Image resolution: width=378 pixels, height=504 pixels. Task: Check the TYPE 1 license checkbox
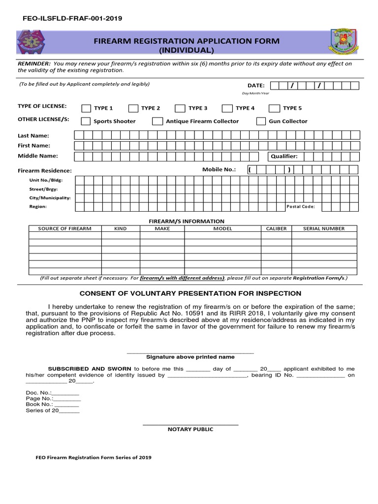[x=86, y=108]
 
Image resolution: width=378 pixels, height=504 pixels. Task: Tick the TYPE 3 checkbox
[x=180, y=108]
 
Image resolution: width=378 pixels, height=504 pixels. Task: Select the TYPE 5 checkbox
[x=275, y=108]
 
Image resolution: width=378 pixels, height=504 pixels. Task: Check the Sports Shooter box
[x=86, y=122]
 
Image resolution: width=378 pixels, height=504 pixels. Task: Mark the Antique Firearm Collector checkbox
[x=157, y=122]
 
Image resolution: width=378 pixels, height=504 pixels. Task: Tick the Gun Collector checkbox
[x=261, y=122]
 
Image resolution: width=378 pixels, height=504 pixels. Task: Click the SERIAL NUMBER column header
[x=324, y=228]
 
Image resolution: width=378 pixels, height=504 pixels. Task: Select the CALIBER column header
[x=276, y=228]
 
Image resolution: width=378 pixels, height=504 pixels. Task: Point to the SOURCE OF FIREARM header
[x=65, y=228]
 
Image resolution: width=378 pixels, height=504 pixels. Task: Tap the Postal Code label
[x=300, y=207]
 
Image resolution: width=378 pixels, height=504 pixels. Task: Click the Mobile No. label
[x=219, y=169]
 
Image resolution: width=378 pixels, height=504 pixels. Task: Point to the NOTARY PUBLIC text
[x=190, y=429]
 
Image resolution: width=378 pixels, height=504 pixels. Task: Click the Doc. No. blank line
[x=65, y=393]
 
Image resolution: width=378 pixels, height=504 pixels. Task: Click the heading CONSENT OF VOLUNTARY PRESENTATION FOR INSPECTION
[x=190, y=293]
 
